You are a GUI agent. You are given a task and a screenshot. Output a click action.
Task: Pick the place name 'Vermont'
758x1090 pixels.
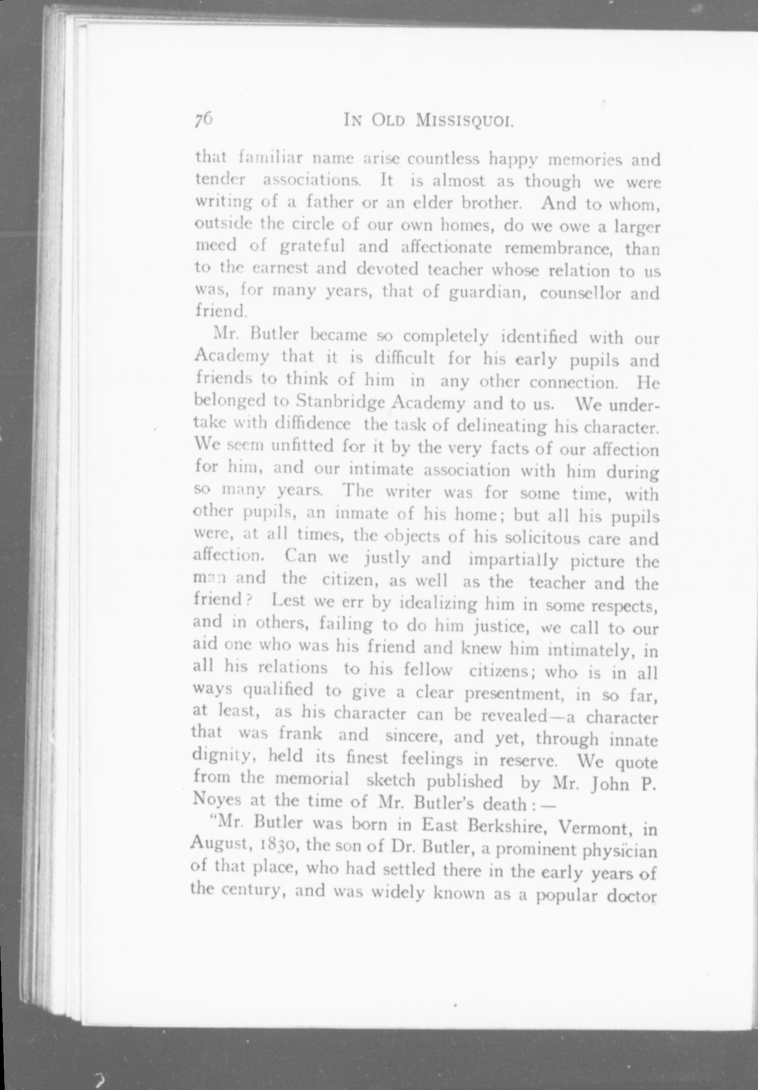pyautogui.click(x=594, y=827)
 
